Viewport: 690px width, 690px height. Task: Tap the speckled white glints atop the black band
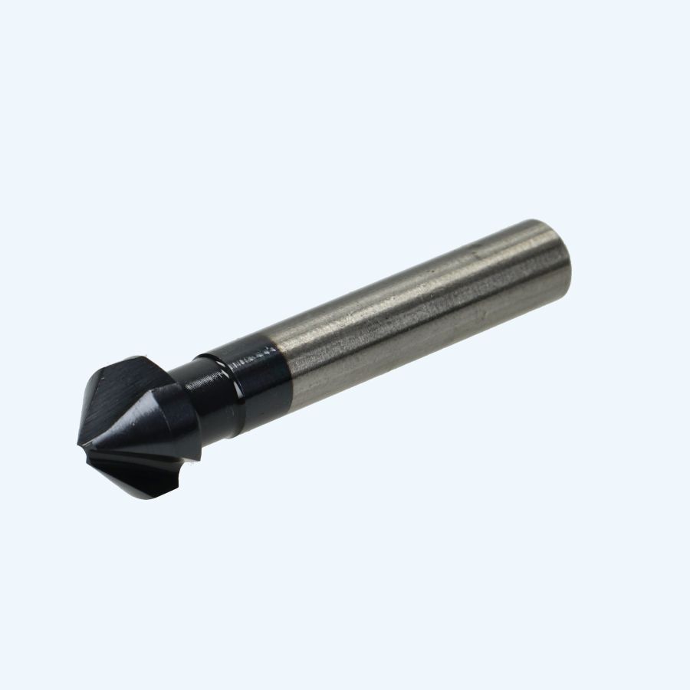[x=249, y=354]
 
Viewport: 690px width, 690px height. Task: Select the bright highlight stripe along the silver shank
[x=414, y=295]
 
